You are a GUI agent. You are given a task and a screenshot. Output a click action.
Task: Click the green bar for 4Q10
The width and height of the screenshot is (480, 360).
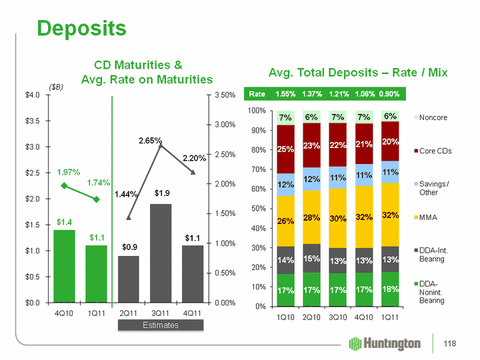(64, 266)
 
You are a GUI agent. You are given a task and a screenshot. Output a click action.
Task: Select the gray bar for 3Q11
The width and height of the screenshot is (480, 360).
(161, 253)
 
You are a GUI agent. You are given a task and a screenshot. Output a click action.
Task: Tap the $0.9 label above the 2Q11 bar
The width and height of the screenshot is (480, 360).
(129, 247)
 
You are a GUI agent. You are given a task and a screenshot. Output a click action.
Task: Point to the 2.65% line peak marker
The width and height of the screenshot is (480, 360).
(161, 145)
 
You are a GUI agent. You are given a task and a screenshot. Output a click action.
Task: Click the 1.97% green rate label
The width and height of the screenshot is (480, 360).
(69, 172)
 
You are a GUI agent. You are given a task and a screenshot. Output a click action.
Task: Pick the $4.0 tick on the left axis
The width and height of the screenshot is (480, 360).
(31, 95)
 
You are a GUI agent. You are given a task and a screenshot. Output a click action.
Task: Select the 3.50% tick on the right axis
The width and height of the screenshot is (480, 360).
(223, 95)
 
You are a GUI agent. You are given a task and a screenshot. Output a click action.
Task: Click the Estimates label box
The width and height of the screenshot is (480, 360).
(161, 325)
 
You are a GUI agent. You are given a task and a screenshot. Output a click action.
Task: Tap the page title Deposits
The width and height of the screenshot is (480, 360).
(82, 28)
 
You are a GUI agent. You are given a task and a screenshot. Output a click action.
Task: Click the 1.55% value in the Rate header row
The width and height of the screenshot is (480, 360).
(286, 94)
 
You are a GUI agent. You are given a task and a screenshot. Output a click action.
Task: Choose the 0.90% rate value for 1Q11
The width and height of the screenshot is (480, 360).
(389, 94)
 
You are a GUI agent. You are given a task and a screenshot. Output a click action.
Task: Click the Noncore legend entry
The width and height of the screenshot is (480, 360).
(433, 117)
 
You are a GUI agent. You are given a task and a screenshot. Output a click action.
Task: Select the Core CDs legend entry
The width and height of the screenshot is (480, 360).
(435, 151)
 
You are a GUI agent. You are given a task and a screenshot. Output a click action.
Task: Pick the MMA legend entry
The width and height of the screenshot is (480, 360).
(428, 217)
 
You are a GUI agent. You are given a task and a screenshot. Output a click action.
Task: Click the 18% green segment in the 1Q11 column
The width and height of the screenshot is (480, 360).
(390, 289)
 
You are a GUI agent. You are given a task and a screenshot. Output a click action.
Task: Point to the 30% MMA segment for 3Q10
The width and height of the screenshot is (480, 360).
(338, 217)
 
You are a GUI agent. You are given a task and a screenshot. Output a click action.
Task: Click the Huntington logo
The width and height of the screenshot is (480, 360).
(385, 343)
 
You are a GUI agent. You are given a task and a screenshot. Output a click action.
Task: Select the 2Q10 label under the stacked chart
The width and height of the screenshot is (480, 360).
(312, 317)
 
